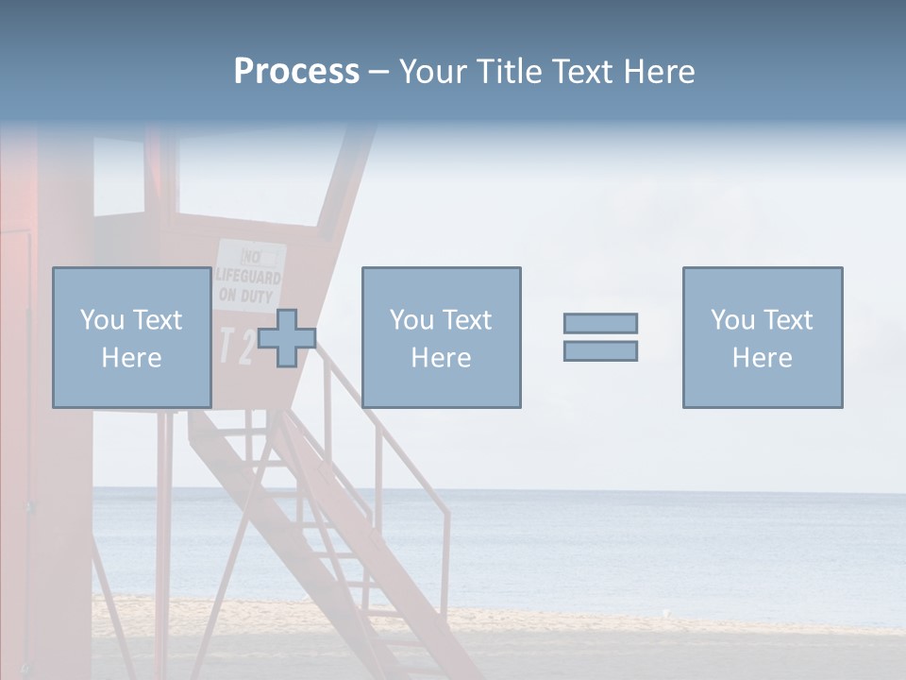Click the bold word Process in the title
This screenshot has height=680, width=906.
pos(296,72)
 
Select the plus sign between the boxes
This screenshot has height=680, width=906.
pos(287,338)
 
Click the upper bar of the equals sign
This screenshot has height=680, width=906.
pos(600,323)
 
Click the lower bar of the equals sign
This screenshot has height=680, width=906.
pos(600,351)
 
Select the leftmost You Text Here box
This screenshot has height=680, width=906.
pos(131,337)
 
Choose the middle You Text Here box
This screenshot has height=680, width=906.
pos(441,337)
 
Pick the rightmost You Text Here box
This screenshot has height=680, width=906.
pos(762,337)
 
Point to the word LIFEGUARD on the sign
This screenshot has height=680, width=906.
pos(249,278)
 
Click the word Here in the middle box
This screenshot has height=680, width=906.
pos(441,358)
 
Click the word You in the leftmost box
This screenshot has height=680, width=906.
pos(102,320)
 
